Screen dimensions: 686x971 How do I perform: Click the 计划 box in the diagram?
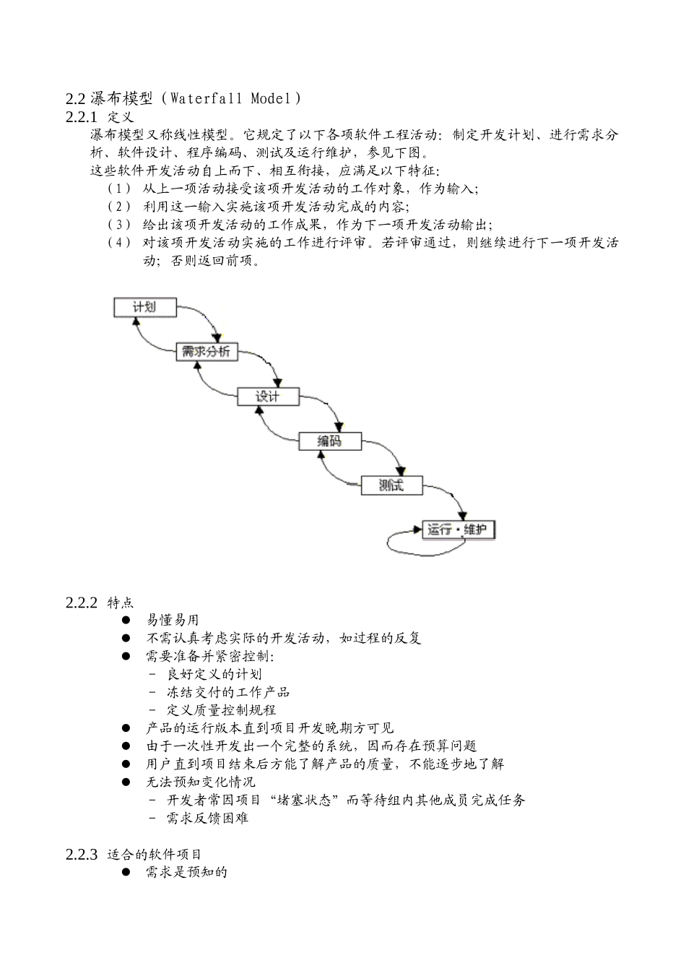[x=145, y=307]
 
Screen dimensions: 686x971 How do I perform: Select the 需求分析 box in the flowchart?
[x=207, y=352]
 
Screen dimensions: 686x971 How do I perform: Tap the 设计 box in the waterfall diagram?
[x=268, y=397]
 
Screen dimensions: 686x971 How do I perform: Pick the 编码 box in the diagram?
[x=329, y=441]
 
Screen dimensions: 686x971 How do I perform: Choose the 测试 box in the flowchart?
[x=391, y=485]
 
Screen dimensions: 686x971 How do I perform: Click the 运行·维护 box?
[x=459, y=530]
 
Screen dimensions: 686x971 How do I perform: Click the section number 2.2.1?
[x=81, y=116]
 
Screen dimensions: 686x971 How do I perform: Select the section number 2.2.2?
[x=81, y=603]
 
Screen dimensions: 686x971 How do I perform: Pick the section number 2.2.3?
[x=81, y=854]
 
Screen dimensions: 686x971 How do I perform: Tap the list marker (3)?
[x=119, y=224]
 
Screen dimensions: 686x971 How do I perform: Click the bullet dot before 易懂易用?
[x=126, y=620]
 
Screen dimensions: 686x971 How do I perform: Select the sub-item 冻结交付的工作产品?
[x=228, y=692]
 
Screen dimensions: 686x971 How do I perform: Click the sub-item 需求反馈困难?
[x=208, y=818]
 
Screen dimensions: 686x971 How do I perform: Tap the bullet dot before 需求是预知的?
[x=126, y=872]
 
